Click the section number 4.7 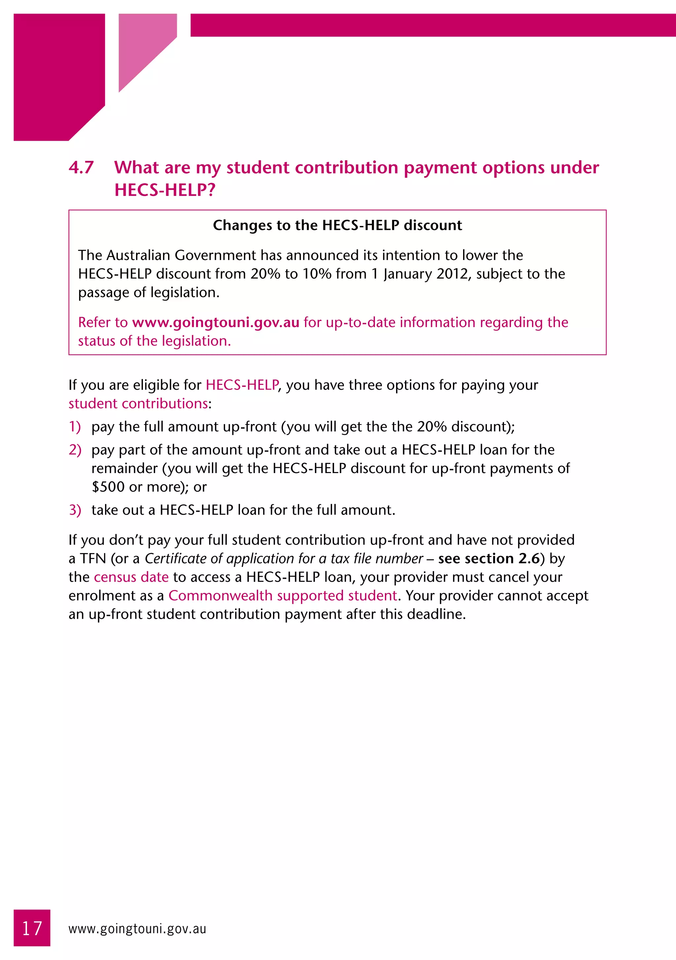click(x=81, y=168)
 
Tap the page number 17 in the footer click(x=32, y=929)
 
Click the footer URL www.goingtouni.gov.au click(x=137, y=929)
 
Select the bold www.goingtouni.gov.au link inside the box click(x=216, y=322)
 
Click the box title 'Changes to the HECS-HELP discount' click(x=337, y=225)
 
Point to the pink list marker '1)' click(x=75, y=427)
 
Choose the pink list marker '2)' click(x=75, y=450)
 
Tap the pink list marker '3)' click(x=75, y=510)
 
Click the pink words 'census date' click(x=131, y=577)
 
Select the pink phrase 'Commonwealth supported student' click(x=283, y=596)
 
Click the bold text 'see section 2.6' click(x=489, y=559)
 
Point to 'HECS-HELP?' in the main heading click(x=165, y=190)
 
